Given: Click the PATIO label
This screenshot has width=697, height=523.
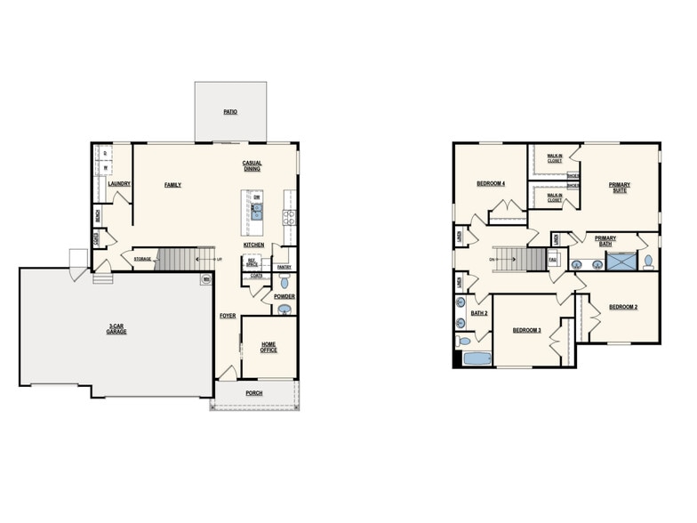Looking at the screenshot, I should [x=230, y=113].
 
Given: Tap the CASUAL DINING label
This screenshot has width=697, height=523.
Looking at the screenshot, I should [x=252, y=165].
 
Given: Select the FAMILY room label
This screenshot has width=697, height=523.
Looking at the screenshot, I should [x=172, y=185].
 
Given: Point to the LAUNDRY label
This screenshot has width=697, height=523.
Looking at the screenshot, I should [x=119, y=184].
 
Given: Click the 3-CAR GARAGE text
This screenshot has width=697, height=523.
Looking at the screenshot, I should [x=116, y=329].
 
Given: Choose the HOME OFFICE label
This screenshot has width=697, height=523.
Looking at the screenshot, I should [x=268, y=347].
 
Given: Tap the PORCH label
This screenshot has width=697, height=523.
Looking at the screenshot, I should [x=254, y=392].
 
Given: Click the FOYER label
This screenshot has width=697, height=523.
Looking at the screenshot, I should [x=228, y=316].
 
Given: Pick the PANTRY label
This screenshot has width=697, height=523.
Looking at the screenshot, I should [x=284, y=267].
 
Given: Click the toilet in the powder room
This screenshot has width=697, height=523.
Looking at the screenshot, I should [x=284, y=310].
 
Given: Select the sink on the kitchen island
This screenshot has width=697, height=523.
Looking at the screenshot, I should [x=257, y=211].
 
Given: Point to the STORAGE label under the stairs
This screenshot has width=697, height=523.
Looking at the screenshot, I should [x=142, y=259].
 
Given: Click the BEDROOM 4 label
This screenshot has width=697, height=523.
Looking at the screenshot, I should [x=491, y=183].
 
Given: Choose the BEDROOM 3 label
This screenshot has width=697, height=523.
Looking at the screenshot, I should [x=526, y=331].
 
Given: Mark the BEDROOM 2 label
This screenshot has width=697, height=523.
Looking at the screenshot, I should [x=622, y=307].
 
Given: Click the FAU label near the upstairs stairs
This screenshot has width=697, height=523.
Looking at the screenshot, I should [x=552, y=260].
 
